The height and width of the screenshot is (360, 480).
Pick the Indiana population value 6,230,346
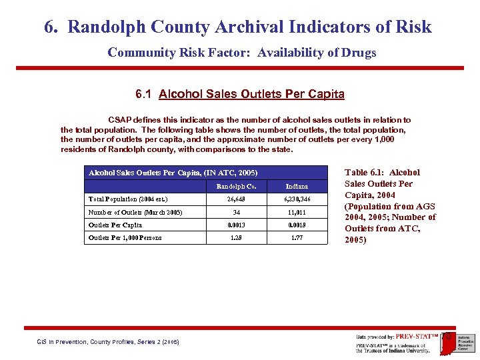[x=297, y=199]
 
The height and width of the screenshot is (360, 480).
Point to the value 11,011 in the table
[x=297, y=213]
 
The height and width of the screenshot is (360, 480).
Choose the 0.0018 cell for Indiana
[x=297, y=225]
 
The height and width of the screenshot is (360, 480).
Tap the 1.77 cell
[x=297, y=237]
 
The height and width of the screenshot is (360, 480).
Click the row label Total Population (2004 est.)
[x=128, y=199]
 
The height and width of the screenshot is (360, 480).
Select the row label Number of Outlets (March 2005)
[x=135, y=213]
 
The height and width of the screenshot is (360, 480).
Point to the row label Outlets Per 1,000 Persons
[x=125, y=237]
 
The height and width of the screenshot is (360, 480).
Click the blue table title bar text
[x=173, y=173]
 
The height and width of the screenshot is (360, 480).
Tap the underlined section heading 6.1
[x=240, y=94]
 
